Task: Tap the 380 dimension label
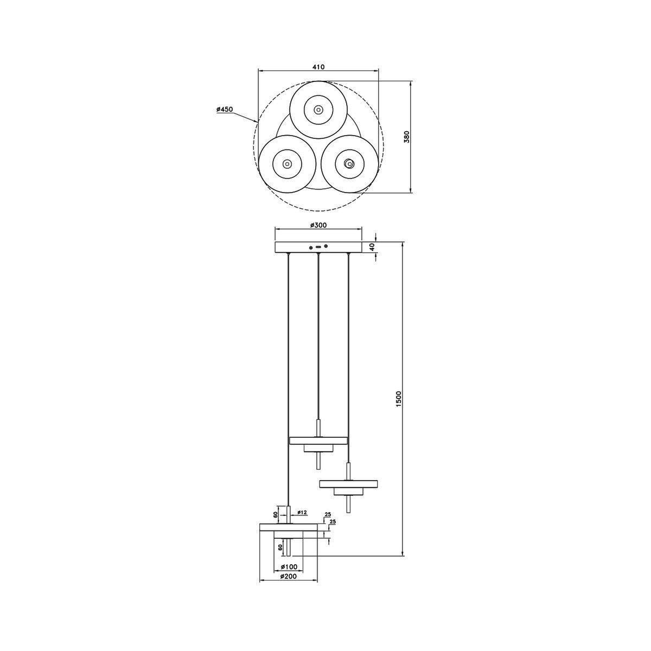(407, 137)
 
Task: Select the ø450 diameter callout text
(225, 109)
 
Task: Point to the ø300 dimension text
(318, 225)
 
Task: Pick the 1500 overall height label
(398, 399)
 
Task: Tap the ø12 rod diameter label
(302, 522)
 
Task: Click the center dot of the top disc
(318, 110)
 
